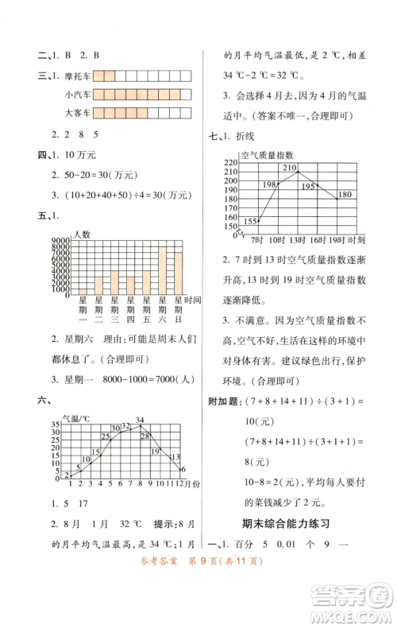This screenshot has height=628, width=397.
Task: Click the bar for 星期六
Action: (x=162, y=270)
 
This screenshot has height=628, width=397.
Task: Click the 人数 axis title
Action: (x=82, y=234)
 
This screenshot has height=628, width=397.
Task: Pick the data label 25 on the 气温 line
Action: (x=106, y=436)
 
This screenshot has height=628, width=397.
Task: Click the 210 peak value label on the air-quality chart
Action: (x=288, y=168)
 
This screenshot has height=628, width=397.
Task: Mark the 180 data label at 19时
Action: (x=345, y=195)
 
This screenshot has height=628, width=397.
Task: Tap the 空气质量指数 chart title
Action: (x=267, y=154)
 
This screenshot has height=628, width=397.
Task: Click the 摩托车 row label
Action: (x=79, y=76)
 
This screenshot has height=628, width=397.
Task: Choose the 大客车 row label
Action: (x=79, y=114)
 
